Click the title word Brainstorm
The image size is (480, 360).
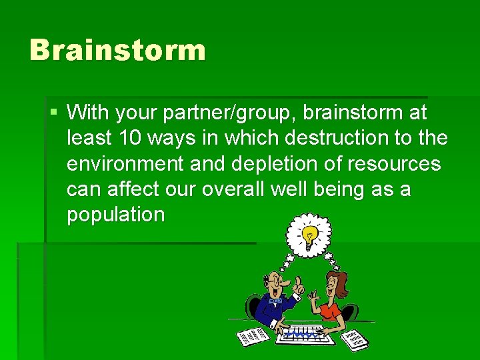coord(117,51)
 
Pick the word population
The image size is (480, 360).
coord(115,214)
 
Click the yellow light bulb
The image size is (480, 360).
coord(309,234)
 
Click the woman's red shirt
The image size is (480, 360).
coord(331,311)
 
